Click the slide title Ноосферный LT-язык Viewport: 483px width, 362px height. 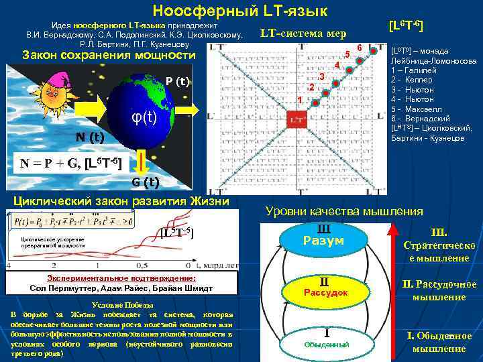tap(239, 11)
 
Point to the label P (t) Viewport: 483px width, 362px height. tap(178, 82)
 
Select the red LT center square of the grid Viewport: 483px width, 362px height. tap(297, 119)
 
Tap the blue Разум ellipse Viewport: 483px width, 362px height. tap(325, 236)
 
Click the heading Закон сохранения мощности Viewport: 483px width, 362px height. tap(108, 55)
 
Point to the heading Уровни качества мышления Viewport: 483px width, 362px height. tap(345, 212)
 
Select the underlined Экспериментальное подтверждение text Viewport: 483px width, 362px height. tap(121, 278)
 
